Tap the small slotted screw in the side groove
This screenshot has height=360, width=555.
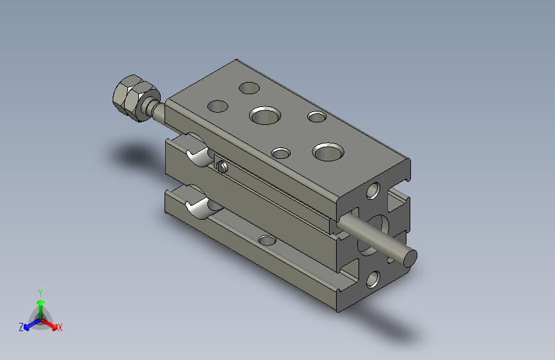click(221, 166)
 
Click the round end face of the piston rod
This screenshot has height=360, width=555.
click(410, 258)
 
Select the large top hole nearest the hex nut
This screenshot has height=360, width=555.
click(265, 115)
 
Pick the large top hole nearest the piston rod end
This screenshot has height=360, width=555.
click(328, 152)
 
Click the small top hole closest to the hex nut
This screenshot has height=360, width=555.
click(218, 106)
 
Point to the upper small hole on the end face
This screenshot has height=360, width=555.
click(373, 190)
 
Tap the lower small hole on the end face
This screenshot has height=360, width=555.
click(373, 279)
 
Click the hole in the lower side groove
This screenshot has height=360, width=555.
click(267, 241)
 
